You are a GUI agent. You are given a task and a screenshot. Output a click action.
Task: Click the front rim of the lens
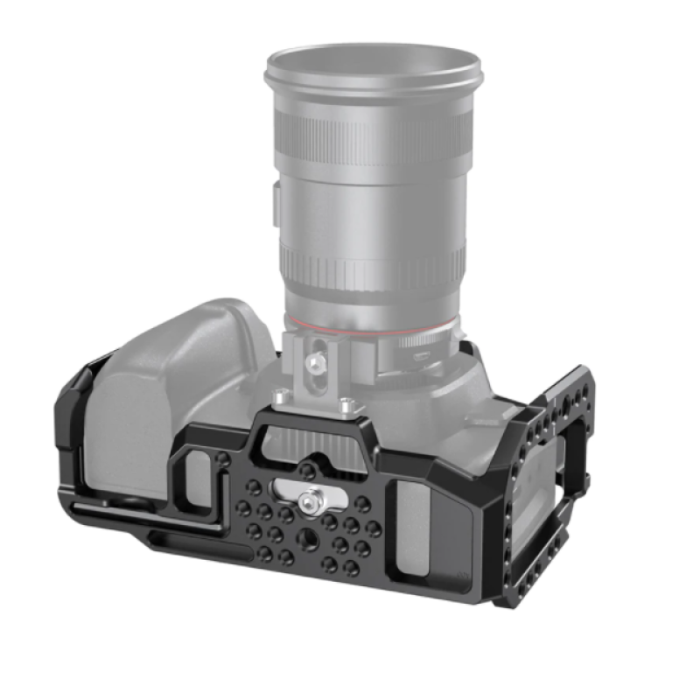(374, 69)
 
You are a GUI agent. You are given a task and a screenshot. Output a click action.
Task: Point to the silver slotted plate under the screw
(289, 493)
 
